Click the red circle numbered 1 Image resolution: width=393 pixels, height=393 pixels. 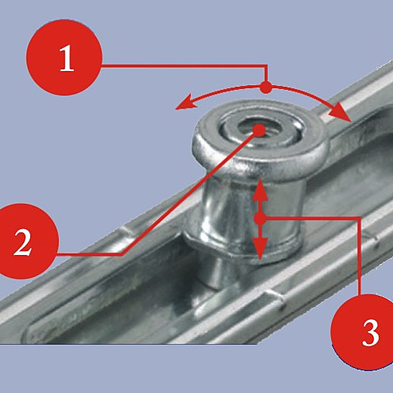(x=64, y=57)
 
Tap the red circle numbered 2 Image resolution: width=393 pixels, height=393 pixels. (x=22, y=241)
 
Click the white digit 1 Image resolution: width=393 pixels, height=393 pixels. (x=66, y=58)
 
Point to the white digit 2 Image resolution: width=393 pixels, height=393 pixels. (x=23, y=243)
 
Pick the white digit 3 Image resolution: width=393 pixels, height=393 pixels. (x=370, y=333)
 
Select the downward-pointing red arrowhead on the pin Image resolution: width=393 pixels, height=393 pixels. (x=260, y=248)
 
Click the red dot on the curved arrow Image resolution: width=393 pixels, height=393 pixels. (x=266, y=88)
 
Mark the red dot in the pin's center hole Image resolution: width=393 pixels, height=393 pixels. (x=259, y=130)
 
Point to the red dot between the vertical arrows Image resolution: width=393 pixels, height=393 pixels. (x=260, y=219)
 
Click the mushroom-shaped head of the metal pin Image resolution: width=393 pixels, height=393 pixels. (x=260, y=141)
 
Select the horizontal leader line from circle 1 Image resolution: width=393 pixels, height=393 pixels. (x=183, y=66)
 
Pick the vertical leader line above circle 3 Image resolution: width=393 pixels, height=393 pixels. (x=360, y=256)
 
